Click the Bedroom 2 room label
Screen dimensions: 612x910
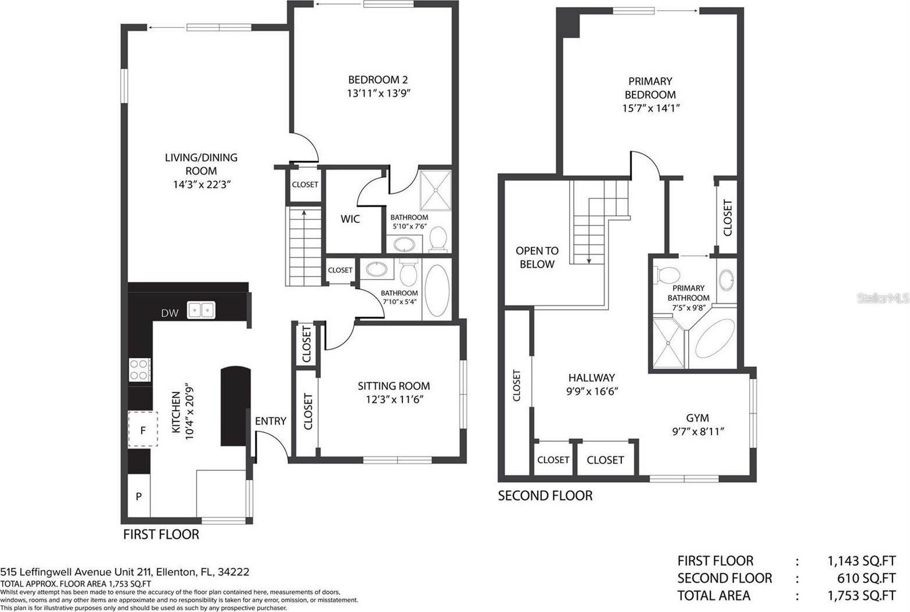pyautogui.click(x=373, y=80)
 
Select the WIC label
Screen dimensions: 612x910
pyautogui.click(x=350, y=219)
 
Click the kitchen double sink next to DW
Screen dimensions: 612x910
pyautogui.click(x=201, y=310)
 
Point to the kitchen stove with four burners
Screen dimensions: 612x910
pyautogui.click(x=140, y=370)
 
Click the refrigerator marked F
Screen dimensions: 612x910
pyautogui.click(x=143, y=430)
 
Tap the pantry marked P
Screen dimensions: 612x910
pyautogui.click(x=139, y=496)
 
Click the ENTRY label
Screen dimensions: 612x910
pyautogui.click(x=271, y=421)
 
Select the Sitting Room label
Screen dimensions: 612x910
pyautogui.click(x=394, y=386)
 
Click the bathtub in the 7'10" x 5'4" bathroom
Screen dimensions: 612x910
pyautogui.click(x=437, y=290)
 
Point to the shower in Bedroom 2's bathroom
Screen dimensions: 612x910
pyautogui.click(x=435, y=189)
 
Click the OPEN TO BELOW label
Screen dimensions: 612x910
pyautogui.click(x=537, y=257)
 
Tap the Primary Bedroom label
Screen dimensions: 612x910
pyautogui.click(x=650, y=88)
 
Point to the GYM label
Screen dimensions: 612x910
pyautogui.click(x=697, y=417)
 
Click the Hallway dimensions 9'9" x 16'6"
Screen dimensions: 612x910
pyautogui.click(x=591, y=391)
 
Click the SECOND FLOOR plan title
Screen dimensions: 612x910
pyautogui.click(x=545, y=495)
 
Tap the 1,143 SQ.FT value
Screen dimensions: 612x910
pyautogui.click(x=861, y=561)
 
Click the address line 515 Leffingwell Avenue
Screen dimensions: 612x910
pyautogui.click(x=125, y=572)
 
